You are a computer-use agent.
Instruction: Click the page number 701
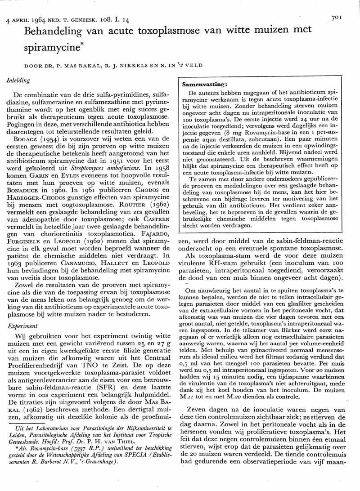coord(337,18)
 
